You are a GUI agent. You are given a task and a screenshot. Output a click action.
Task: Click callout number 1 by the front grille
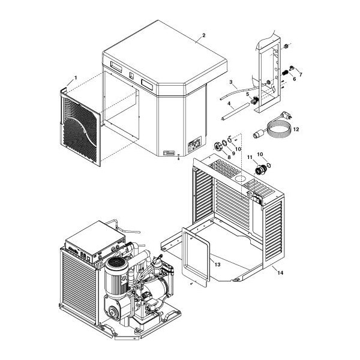click(75, 79)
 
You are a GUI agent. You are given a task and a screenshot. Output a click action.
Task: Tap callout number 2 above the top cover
click(204, 36)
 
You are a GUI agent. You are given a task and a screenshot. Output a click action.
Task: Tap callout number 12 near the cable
click(296, 129)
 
